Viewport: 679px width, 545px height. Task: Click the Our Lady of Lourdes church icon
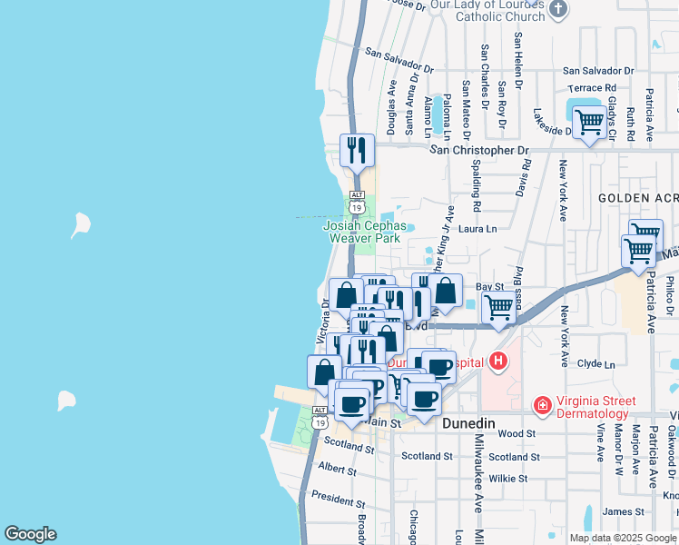(558, 10)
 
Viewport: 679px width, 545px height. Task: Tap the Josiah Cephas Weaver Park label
(363, 232)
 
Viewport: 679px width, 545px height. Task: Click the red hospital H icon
(497, 362)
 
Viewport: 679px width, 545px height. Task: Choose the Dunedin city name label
(467, 424)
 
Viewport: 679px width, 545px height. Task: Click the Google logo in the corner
(31, 534)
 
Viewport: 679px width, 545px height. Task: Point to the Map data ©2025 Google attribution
(623, 538)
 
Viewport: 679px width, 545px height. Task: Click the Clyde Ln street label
(596, 364)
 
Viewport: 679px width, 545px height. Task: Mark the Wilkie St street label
(508, 478)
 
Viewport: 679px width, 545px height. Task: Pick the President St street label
(338, 500)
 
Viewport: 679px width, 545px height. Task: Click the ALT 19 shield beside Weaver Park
(357, 201)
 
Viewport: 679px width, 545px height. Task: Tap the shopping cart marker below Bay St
(498, 309)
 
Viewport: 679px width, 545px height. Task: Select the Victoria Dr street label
(323, 322)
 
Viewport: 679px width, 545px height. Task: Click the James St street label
(623, 512)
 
